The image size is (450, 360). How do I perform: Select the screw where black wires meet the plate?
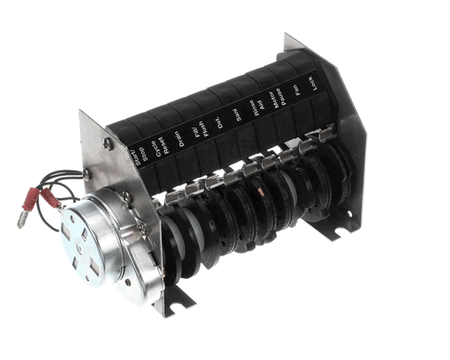(x=88, y=175)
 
